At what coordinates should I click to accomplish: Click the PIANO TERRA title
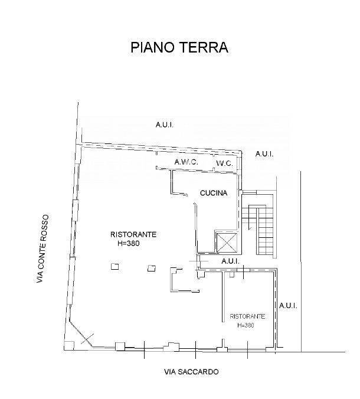coord(179,47)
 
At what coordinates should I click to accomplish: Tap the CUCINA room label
coord(214,193)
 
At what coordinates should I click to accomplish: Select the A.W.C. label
coord(186,162)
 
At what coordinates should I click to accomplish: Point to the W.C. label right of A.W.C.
coord(224,163)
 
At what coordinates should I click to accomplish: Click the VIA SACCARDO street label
coord(191,372)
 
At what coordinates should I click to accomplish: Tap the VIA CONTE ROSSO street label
coord(42,248)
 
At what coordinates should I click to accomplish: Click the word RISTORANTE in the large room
coord(133,234)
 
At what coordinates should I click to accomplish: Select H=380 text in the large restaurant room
coord(129,243)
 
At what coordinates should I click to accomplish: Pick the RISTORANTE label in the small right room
coord(247,316)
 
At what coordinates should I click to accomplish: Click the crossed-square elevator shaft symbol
coord(227,243)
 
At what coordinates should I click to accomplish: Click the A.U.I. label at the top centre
coord(164,125)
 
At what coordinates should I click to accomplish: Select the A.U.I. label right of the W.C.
coord(264,154)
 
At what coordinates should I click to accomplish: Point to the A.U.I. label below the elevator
coord(231,261)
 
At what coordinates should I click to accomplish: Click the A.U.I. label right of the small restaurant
coord(288,305)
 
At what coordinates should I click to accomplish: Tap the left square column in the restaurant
coord(114,266)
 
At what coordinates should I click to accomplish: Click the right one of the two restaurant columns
coord(152,268)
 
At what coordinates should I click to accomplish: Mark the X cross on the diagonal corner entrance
coord(87,339)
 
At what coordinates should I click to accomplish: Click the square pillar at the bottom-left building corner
coord(69,345)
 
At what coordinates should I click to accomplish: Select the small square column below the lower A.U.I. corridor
coord(232,274)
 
